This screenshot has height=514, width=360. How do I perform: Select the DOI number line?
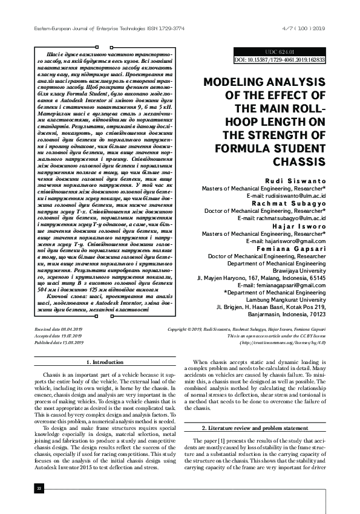click(x=280, y=60)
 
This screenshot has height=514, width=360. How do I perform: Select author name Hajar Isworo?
click(x=299, y=226)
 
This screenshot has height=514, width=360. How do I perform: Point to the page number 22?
click(x=39, y=488)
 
